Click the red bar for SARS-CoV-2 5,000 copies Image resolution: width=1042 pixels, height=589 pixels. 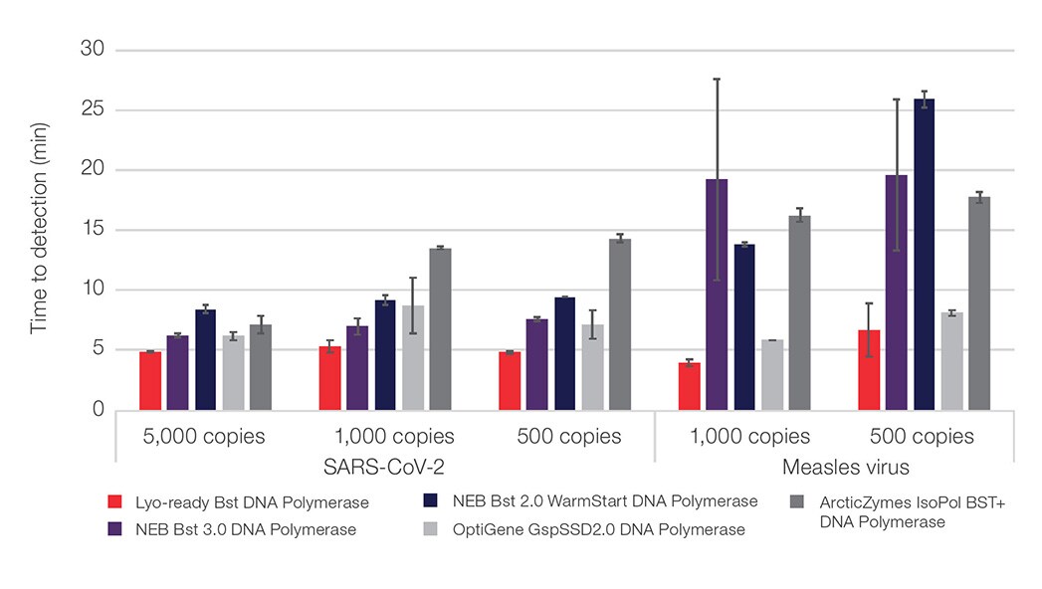150,381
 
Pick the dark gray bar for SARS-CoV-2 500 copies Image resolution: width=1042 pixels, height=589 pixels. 620,324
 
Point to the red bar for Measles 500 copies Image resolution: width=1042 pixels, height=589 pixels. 869,370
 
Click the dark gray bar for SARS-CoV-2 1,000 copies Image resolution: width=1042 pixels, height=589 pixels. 440,329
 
